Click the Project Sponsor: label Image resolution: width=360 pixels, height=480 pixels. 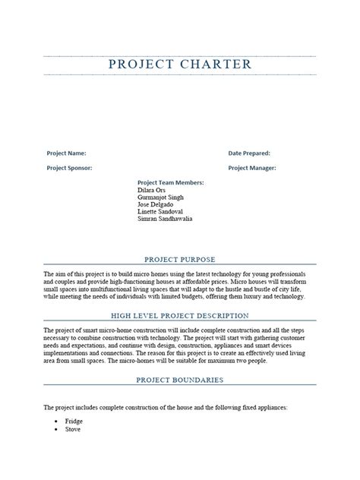(x=69, y=168)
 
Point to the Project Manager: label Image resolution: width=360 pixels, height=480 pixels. (x=252, y=168)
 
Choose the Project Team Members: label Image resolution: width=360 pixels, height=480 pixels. (x=170, y=183)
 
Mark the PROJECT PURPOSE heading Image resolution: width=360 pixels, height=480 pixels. (x=180, y=258)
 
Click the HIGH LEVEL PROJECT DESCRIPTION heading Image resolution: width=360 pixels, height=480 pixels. (x=180, y=315)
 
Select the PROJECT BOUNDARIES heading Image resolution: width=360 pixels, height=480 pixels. (x=180, y=379)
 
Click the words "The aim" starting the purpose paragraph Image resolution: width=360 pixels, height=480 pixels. (x=56, y=273)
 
